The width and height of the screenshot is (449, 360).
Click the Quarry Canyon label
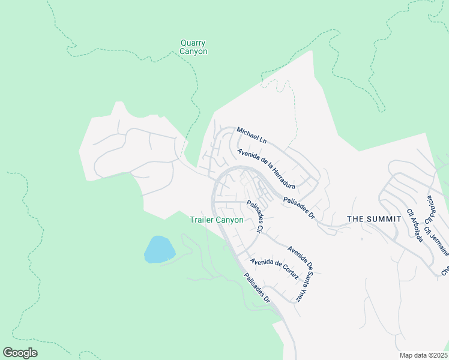pos(193,47)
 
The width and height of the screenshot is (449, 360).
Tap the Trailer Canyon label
pos(216,220)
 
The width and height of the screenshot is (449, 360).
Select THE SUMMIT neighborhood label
pos(374,219)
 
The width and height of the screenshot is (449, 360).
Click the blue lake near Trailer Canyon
pos(159,249)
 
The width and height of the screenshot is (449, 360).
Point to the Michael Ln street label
pos(251,135)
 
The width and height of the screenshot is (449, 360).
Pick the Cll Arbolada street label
pos(415,225)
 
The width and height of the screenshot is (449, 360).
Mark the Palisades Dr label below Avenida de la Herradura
pos(299,208)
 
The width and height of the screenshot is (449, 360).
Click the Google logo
pos(20,353)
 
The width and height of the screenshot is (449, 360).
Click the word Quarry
pos(193,43)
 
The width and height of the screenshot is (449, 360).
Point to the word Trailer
pos(202,220)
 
